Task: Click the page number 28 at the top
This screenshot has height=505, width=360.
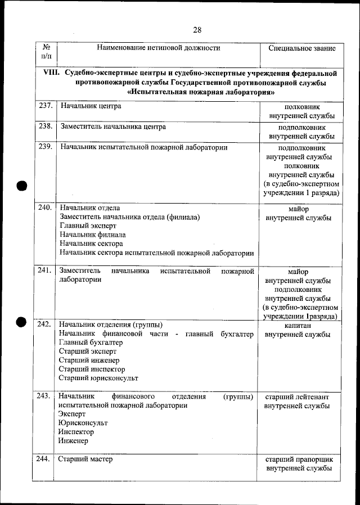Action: [197, 30]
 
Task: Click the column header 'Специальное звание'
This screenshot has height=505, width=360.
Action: [301, 48]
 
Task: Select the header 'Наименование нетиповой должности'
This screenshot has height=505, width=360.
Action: [158, 48]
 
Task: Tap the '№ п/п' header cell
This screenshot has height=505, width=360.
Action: [45, 52]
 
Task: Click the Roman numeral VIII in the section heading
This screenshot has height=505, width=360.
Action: [52, 73]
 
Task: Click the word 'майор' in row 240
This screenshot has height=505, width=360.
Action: [298, 209]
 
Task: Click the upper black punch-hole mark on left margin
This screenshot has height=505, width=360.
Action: [21, 186]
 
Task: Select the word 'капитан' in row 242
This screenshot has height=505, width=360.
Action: [298, 326]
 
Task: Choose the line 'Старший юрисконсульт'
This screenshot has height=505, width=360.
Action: [98, 378]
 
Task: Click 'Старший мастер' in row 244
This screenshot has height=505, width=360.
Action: [86, 459]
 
